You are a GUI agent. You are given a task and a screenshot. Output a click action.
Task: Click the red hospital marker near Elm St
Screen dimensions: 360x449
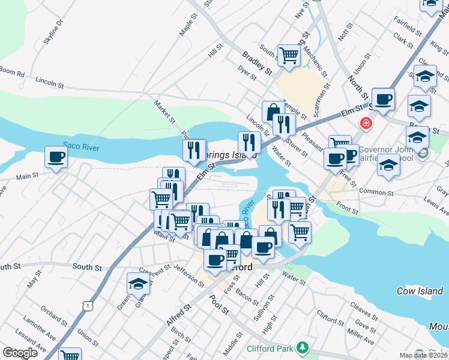[364, 124]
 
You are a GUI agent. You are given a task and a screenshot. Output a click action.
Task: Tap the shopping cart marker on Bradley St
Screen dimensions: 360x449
[289, 56]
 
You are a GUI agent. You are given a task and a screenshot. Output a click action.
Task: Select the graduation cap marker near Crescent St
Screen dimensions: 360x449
[138, 284]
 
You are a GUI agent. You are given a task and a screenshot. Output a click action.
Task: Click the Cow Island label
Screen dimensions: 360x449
[420, 291]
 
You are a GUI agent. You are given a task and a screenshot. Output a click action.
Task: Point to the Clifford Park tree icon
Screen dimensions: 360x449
[304, 347]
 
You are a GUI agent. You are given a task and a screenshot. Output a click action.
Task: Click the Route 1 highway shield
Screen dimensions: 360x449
[88, 306]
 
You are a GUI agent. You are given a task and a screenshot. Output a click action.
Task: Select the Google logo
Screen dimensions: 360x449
[20, 352]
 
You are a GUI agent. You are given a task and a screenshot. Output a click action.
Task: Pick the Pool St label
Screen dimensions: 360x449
[219, 304]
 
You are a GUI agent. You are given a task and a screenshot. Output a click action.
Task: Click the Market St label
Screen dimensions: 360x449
[164, 111]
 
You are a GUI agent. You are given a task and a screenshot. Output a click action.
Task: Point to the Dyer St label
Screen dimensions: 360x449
[247, 74]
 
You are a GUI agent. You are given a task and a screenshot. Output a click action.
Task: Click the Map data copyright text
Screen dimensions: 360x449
[423, 355]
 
